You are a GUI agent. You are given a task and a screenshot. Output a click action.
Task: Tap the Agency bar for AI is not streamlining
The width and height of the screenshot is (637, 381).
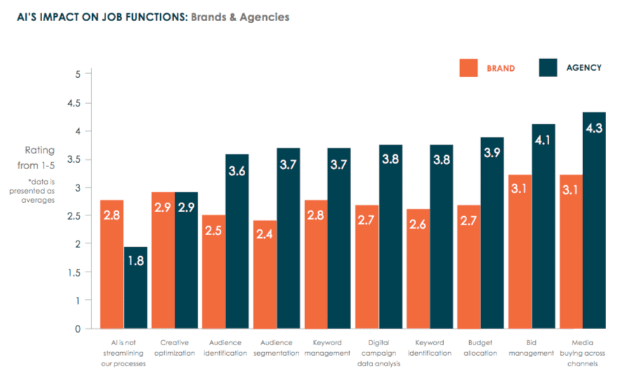click(x=136, y=288)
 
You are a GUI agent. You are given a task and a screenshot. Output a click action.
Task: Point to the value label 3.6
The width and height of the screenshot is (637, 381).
click(x=237, y=171)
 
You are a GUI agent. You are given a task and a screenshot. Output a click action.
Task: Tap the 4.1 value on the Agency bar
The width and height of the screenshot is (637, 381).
click(x=543, y=140)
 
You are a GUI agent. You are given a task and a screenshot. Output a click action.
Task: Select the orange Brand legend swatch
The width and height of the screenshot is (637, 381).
click(x=468, y=68)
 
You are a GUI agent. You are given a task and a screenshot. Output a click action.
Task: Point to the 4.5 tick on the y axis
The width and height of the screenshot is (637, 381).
click(x=73, y=103)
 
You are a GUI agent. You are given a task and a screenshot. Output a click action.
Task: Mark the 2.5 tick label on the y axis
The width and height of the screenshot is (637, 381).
click(x=73, y=216)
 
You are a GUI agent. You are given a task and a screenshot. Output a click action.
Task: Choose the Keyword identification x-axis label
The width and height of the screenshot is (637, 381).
click(x=428, y=348)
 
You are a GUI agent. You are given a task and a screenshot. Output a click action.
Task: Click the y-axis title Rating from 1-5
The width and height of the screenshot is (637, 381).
click(x=39, y=158)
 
